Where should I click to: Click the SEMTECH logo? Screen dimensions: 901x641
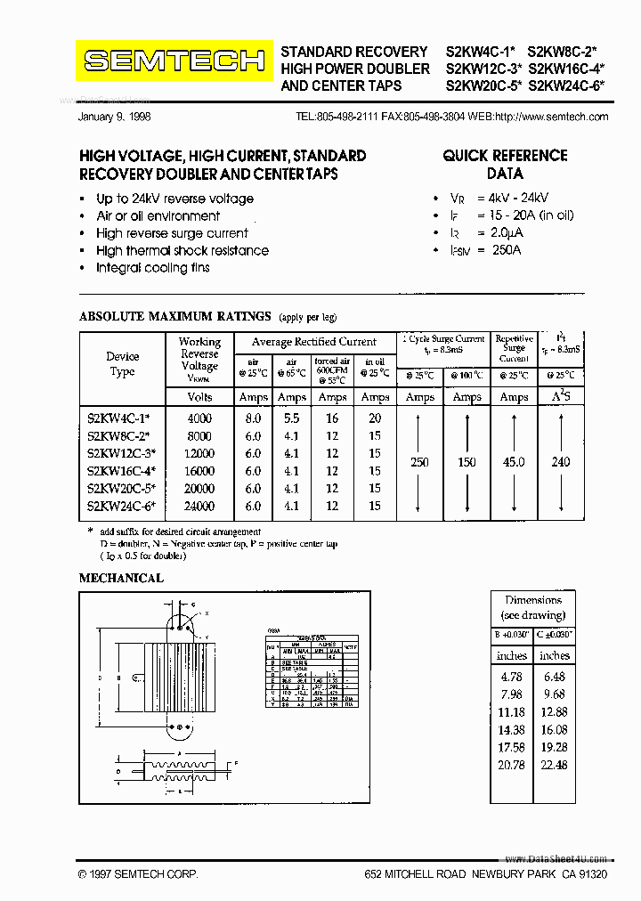coord(174,61)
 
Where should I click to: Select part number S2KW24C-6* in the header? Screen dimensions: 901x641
coord(566,86)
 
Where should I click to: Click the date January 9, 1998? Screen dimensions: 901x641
coord(117,117)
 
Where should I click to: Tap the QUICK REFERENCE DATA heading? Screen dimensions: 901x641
coord(504,165)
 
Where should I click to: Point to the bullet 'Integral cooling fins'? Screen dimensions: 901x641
coord(152,268)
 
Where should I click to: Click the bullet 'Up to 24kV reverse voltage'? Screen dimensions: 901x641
coord(174,199)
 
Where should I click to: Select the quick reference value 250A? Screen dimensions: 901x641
coord(506,250)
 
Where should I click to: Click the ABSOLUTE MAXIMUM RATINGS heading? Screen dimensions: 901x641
coord(174,316)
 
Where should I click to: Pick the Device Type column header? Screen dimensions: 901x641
coord(123,364)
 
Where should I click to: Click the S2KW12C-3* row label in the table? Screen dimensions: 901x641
coord(122,454)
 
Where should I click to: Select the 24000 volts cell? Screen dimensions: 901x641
coord(199,506)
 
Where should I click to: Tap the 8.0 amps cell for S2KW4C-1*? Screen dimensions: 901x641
coord(253,418)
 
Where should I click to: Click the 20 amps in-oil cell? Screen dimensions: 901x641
coord(375,418)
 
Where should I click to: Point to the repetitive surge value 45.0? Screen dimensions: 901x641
coord(514,462)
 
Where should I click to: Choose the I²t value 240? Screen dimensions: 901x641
coord(561,462)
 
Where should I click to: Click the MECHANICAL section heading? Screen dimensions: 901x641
coord(121,578)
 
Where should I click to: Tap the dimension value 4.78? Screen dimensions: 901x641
coord(511,677)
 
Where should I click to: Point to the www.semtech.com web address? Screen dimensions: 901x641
coord(564,117)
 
